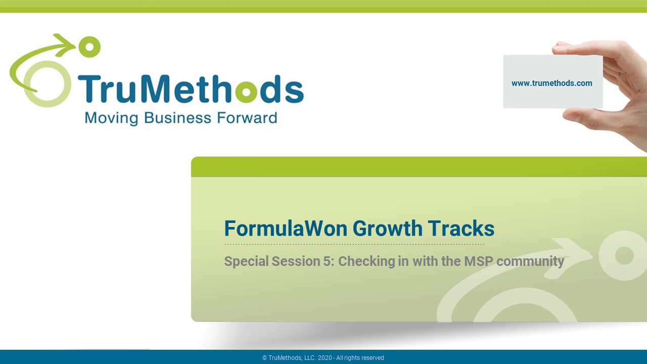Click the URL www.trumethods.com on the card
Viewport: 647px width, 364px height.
[551, 83]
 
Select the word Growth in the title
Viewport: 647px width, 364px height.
[387, 228]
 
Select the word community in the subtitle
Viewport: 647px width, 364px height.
[530, 262]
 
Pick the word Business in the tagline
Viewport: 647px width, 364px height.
[177, 118]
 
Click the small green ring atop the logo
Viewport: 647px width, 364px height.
[89, 47]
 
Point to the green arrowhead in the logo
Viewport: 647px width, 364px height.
[65, 45]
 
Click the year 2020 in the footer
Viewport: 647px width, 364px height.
[325, 357]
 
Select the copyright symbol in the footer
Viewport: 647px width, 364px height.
[264, 357]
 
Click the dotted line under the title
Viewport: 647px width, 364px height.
[354, 244]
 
